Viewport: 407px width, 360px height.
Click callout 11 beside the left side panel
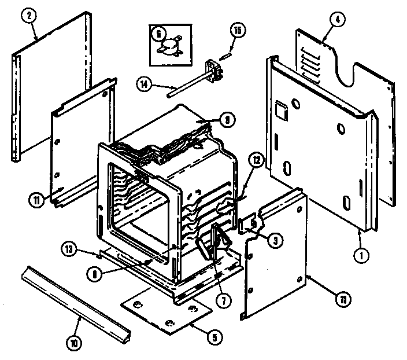pos(38,201)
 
